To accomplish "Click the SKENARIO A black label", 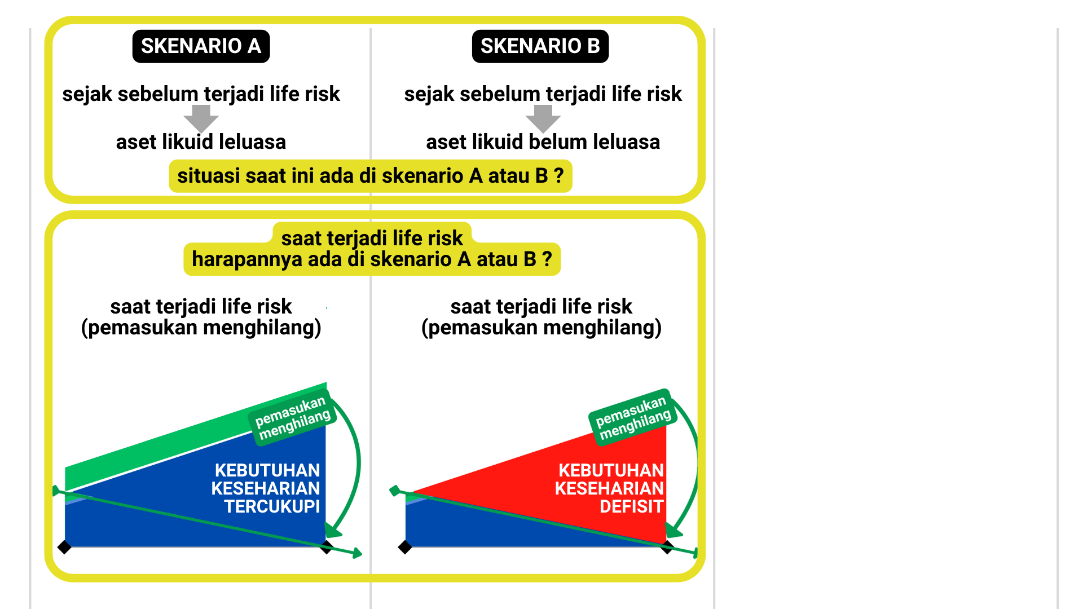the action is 201,46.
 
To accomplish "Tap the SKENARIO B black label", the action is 540,46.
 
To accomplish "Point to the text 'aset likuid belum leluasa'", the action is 543,142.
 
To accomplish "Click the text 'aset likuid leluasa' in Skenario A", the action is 201,142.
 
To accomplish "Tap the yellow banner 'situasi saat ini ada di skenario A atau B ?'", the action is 370,176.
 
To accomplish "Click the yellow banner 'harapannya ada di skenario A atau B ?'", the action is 372,259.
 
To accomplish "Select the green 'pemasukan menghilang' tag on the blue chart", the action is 292,418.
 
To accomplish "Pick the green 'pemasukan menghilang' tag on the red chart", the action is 633,418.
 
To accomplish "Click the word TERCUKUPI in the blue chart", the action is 272,506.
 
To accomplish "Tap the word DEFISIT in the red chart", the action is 631,506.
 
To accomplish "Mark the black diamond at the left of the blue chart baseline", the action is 64,547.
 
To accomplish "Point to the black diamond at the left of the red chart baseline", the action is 405,547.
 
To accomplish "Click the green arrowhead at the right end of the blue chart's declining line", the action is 357,554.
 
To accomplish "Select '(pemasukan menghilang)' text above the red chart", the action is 541,328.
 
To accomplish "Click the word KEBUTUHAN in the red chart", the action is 611,470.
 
